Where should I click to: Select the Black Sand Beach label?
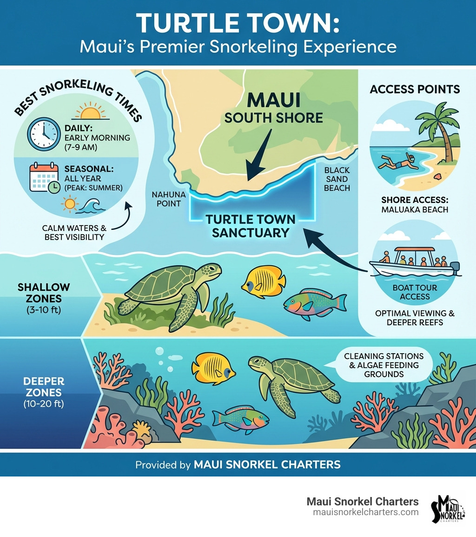(x=337, y=179)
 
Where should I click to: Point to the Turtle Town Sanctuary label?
(x=251, y=226)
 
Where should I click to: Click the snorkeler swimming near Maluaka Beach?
(x=395, y=162)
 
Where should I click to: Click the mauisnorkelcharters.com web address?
(x=365, y=512)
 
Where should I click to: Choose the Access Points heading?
(x=415, y=89)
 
